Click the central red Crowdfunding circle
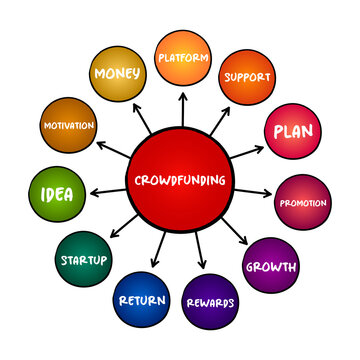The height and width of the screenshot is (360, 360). pos(180,180)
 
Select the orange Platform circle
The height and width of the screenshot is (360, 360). pos(183,58)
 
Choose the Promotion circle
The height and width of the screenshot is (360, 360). pos(303,202)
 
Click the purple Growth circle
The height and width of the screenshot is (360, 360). pos(272,266)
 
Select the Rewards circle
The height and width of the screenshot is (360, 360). pos(209,302)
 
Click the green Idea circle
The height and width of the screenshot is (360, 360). pos(57,194)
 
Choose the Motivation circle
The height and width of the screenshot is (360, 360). pos(69,125)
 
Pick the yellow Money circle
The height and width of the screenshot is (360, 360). pos(116,74)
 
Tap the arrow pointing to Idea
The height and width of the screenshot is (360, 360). pos(108,189)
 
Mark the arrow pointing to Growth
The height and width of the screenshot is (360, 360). pos(237,233)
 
